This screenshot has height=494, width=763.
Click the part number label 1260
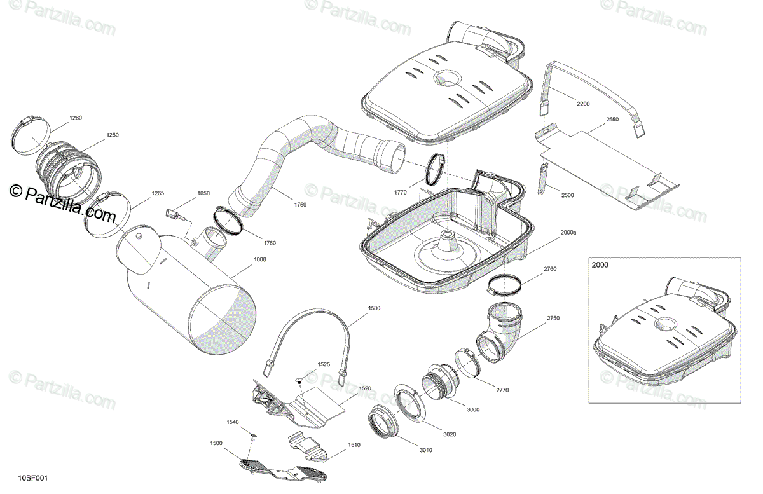coord(76,118)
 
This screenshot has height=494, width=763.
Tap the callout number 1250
coord(113,135)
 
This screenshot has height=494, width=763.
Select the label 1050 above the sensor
coord(203,193)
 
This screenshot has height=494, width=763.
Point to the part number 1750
coord(300,205)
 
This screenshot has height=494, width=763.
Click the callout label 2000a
coord(568,233)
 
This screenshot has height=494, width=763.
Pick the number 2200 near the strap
coord(583,104)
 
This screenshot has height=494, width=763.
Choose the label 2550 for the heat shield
coord(612,120)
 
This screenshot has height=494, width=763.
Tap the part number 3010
coord(425,450)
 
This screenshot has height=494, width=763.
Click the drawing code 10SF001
coord(33,478)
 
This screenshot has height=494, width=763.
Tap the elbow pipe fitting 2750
coord(502,331)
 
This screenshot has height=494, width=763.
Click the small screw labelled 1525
coord(297,380)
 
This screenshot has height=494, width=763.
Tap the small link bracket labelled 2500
coord(543,179)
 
